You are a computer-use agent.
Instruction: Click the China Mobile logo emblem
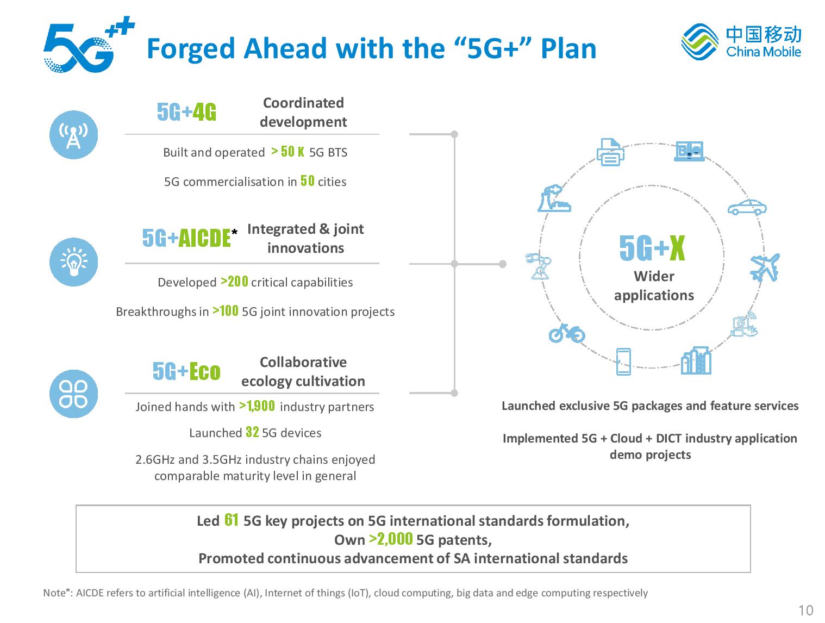[699, 42]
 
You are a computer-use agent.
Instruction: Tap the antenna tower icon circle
[74, 135]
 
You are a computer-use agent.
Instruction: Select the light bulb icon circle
[74, 261]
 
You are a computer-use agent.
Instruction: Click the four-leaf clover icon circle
[74, 393]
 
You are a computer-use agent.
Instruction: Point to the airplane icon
[765, 267]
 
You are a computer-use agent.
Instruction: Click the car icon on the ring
[747, 207]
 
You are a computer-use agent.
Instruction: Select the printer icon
[610, 152]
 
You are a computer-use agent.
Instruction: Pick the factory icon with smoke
[554, 198]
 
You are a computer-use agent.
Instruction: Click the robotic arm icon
[538, 266]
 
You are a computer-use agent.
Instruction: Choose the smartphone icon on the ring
[623, 362]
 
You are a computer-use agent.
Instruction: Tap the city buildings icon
[696, 360]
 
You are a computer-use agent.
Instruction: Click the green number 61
[231, 520]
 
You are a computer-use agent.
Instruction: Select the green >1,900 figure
[257, 406]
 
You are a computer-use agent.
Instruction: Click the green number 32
[252, 432]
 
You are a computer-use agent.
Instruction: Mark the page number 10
[805, 610]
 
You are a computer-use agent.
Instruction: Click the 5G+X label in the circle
[652, 248]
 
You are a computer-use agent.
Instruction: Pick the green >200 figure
[234, 281]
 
